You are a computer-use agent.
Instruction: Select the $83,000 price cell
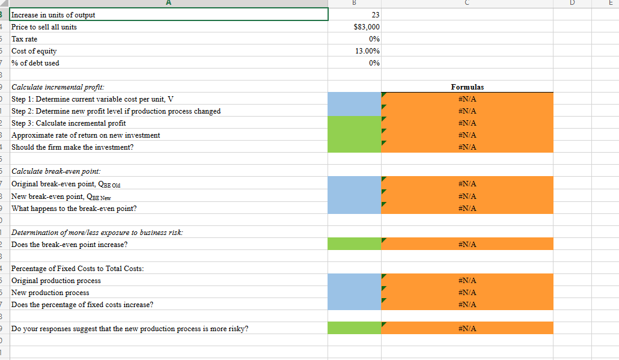(x=367, y=27)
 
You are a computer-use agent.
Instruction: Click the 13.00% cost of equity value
(x=367, y=51)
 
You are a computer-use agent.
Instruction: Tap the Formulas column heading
(x=467, y=87)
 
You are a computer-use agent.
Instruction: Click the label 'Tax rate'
(x=25, y=39)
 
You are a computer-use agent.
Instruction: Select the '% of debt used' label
(x=35, y=63)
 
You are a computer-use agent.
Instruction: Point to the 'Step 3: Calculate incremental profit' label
(x=69, y=123)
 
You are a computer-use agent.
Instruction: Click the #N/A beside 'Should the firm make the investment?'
(x=467, y=147)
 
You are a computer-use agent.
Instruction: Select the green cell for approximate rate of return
(x=355, y=135)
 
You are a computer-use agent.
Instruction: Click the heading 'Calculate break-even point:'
(x=56, y=172)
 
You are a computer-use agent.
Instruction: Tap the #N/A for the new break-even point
(x=467, y=197)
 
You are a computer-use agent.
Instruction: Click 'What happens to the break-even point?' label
(x=74, y=209)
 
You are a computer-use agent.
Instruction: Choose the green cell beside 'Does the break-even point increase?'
(x=355, y=245)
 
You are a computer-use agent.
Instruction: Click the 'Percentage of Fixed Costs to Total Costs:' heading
(x=78, y=269)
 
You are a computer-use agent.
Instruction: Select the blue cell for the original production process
(x=355, y=281)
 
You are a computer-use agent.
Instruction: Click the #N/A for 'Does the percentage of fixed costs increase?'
(x=467, y=305)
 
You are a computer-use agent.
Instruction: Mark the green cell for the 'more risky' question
(x=355, y=329)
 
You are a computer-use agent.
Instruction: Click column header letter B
(x=355, y=2)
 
